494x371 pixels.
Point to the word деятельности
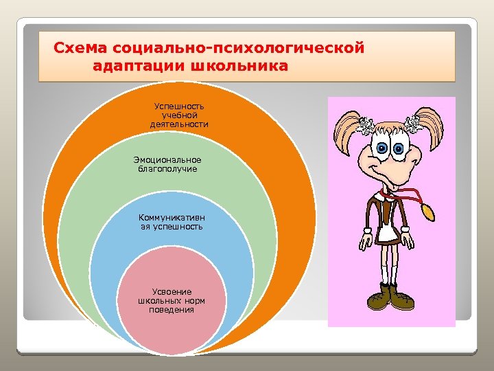[179, 124]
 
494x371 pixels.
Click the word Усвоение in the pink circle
[172, 291]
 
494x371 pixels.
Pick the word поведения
[172, 310]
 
